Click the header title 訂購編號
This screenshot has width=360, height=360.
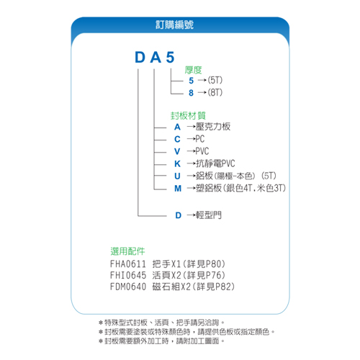[x=174, y=24]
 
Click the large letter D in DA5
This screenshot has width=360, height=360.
[x=140, y=58]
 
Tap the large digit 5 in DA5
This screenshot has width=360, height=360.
[x=170, y=58]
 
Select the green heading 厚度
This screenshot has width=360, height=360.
[x=193, y=70]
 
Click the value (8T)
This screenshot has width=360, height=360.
[x=215, y=92]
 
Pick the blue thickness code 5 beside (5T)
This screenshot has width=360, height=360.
[x=191, y=81]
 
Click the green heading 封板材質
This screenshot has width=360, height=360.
[x=188, y=116]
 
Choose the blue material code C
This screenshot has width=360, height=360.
[x=177, y=139]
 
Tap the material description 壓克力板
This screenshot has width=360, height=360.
[x=213, y=127]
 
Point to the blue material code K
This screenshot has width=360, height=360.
[x=177, y=163]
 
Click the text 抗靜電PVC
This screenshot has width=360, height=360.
[x=215, y=163]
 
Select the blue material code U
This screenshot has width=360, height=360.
[x=177, y=176]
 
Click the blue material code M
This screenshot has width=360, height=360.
[x=178, y=189]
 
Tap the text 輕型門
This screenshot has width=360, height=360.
[x=209, y=215]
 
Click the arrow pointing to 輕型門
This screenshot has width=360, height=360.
[x=192, y=215]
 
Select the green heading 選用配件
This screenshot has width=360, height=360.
[x=127, y=251]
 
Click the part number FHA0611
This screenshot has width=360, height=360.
[x=128, y=264]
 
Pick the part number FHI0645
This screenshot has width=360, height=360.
[x=128, y=275]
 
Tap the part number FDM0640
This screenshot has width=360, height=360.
[x=128, y=287]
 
